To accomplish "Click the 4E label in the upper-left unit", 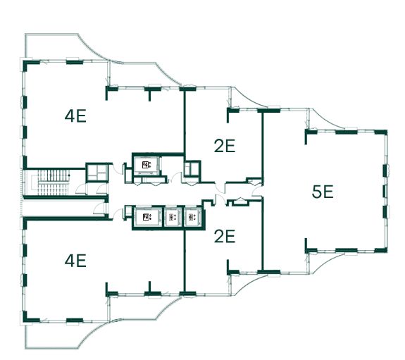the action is click(x=75, y=116).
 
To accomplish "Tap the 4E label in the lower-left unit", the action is click(x=75, y=261).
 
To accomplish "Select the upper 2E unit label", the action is click(x=225, y=146).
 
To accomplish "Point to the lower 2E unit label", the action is click(x=225, y=237).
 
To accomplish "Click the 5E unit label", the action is click(x=323, y=192).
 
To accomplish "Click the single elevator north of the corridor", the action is click(x=146, y=165).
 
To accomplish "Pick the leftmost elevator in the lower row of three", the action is click(x=147, y=217).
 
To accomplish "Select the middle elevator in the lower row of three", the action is click(x=173, y=217).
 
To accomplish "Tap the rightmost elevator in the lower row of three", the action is click(x=192, y=217).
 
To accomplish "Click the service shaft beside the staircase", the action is click(x=96, y=173).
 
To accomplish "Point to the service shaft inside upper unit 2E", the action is click(x=192, y=169).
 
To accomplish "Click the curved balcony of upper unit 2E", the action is click(x=247, y=97).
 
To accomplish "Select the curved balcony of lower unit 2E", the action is click(x=247, y=285).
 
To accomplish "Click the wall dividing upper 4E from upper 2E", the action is click(x=185, y=121).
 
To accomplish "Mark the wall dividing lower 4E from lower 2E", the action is click(x=185, y=261).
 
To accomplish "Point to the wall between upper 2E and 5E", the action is click(x=263, y=147).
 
